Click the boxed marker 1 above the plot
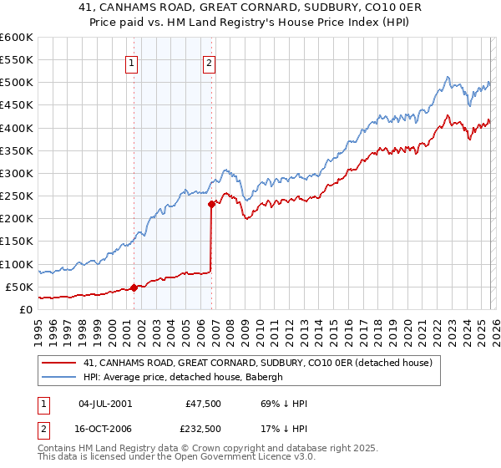(133, 60)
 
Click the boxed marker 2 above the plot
(209, 60)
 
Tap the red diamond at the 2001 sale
(134, 287)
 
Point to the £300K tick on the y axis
(17, 173)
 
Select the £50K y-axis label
(19, 287)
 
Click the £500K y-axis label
(17, 83)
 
